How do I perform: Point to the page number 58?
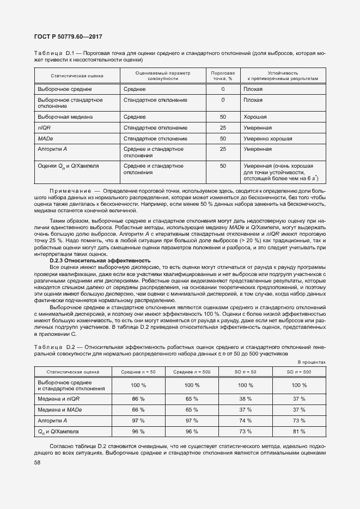(38, 463)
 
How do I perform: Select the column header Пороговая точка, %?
(223, 76)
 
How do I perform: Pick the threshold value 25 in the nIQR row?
(223, 127)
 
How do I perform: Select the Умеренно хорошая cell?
(267, 138)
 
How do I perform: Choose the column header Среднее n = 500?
(191, 371)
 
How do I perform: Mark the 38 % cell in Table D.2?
(245, 398)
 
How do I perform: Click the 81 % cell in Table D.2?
(299, 431)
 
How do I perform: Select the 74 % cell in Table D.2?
(245, 420)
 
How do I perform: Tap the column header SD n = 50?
(245, 371)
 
